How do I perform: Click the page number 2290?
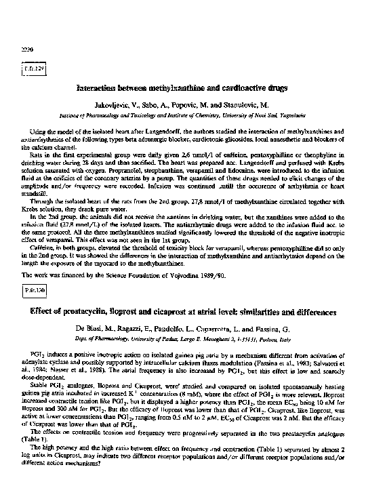pos(20,49)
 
